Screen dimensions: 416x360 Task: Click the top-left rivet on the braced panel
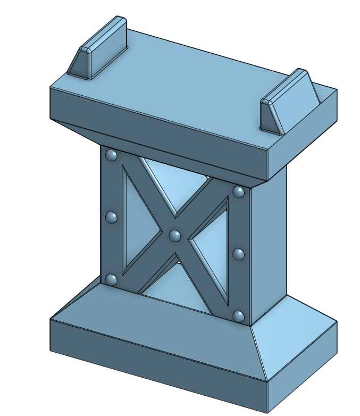[112, 155]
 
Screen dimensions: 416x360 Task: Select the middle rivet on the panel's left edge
[111, 217]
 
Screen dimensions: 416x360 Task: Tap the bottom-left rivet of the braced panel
[111, 279]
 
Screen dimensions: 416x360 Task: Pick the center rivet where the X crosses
[175, 235]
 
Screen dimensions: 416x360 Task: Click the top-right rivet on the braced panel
[239, 191]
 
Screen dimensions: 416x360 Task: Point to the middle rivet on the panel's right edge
[239, 254]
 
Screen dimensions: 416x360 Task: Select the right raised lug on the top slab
[287, 101]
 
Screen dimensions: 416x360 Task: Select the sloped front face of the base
[160, 319]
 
